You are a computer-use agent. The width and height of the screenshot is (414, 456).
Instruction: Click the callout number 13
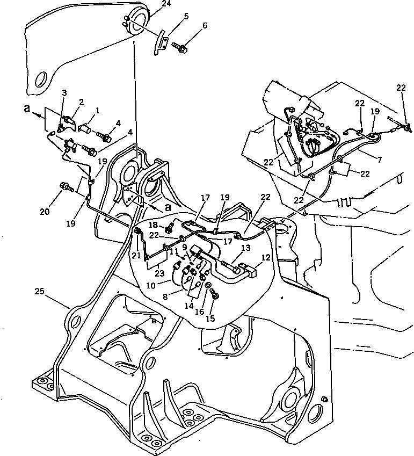point(246,249)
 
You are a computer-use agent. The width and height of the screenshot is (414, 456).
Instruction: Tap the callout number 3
point(64,93)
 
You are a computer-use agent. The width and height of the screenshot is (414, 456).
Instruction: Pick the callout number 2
point(81,102)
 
